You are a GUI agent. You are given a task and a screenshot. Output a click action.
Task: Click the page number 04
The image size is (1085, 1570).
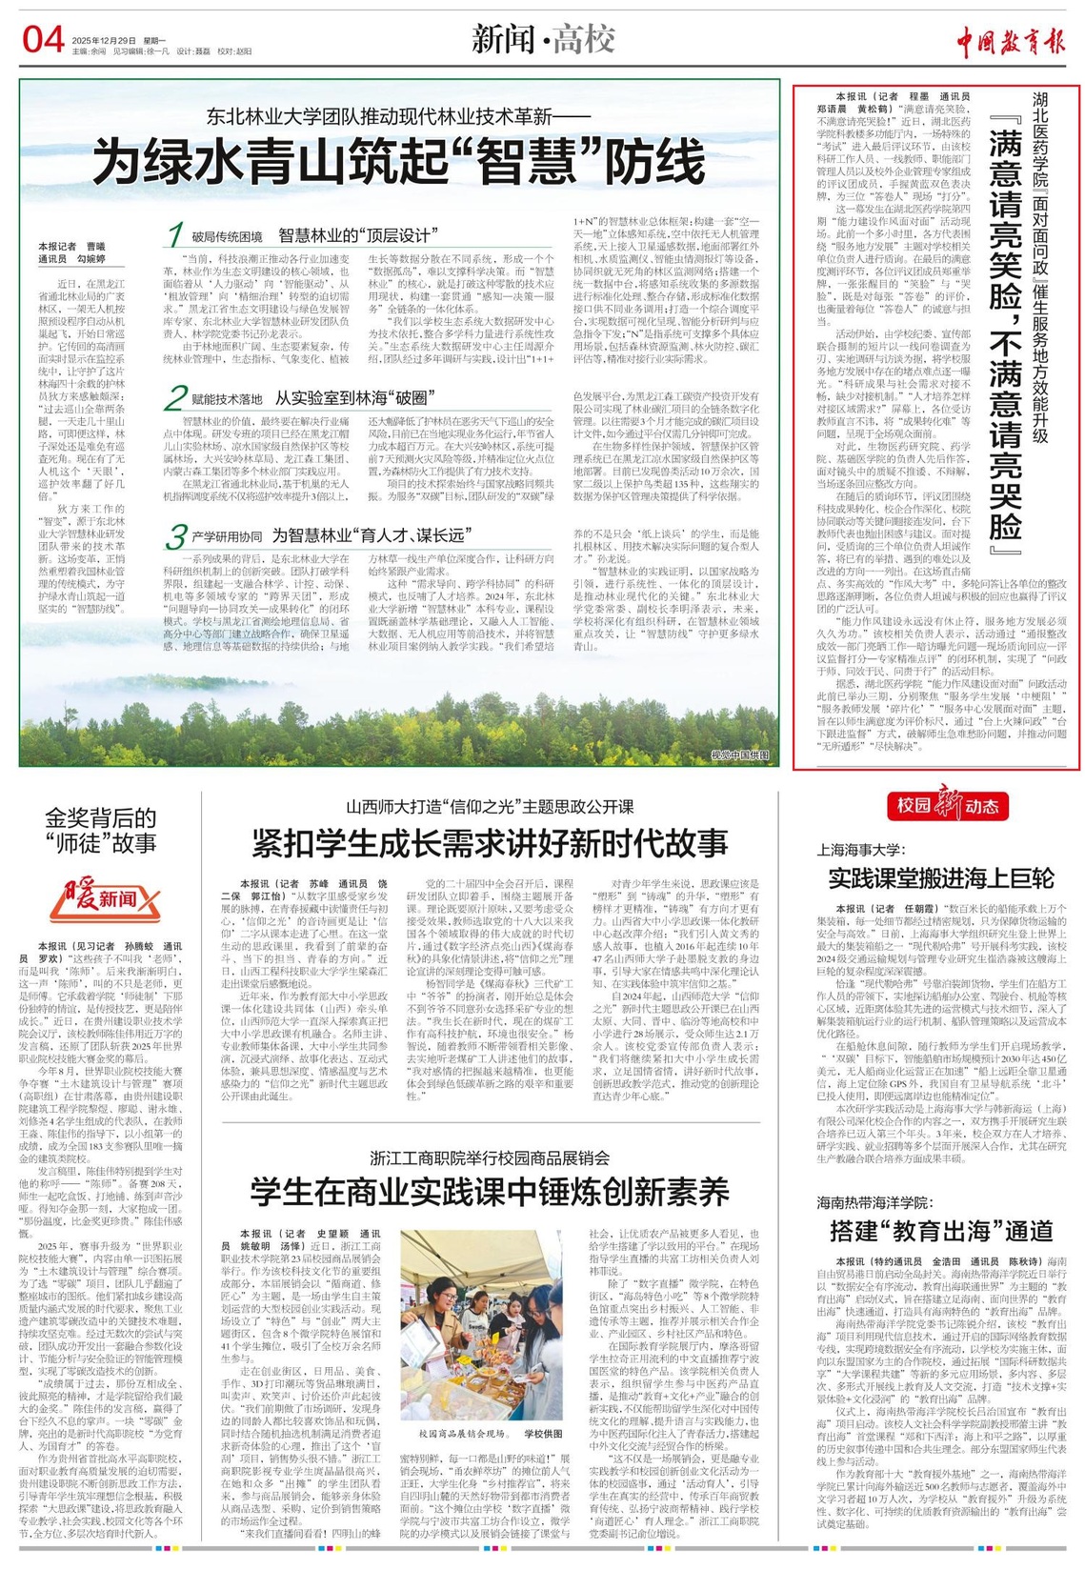pyautogui.click(x=43, y=40)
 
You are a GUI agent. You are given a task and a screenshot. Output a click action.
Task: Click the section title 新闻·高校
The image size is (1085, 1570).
pyautogui.click(x=543, y=40)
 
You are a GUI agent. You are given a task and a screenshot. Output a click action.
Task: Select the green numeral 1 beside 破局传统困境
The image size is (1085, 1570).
pyautogui.click(x=174, y=234)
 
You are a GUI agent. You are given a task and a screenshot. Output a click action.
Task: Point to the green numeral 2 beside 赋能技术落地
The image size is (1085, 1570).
pyautogui.click(x=174, y=397)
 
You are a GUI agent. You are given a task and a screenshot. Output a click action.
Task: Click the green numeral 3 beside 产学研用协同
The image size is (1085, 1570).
pyautogui.click(x=174, y=535)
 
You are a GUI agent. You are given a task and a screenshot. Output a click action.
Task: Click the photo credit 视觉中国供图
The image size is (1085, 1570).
pyautogui.click(x=739, y=755)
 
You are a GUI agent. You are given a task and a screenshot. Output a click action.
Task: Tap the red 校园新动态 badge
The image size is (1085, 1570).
pyautogui.click(x=947, y=806)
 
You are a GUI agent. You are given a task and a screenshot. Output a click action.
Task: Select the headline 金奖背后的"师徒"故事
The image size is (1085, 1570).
pyautogui.click(x=101, y=830)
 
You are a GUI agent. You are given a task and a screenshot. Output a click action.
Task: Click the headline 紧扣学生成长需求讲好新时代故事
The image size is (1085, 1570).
pyautogui.click(x=490, y=843)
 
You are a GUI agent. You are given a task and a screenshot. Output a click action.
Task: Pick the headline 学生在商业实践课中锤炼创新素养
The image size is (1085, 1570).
pyautogui.click(x=490, y=1192)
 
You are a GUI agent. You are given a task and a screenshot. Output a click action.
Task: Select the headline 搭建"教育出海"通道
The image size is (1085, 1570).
pyautogui.click(x=940, y=1230)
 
